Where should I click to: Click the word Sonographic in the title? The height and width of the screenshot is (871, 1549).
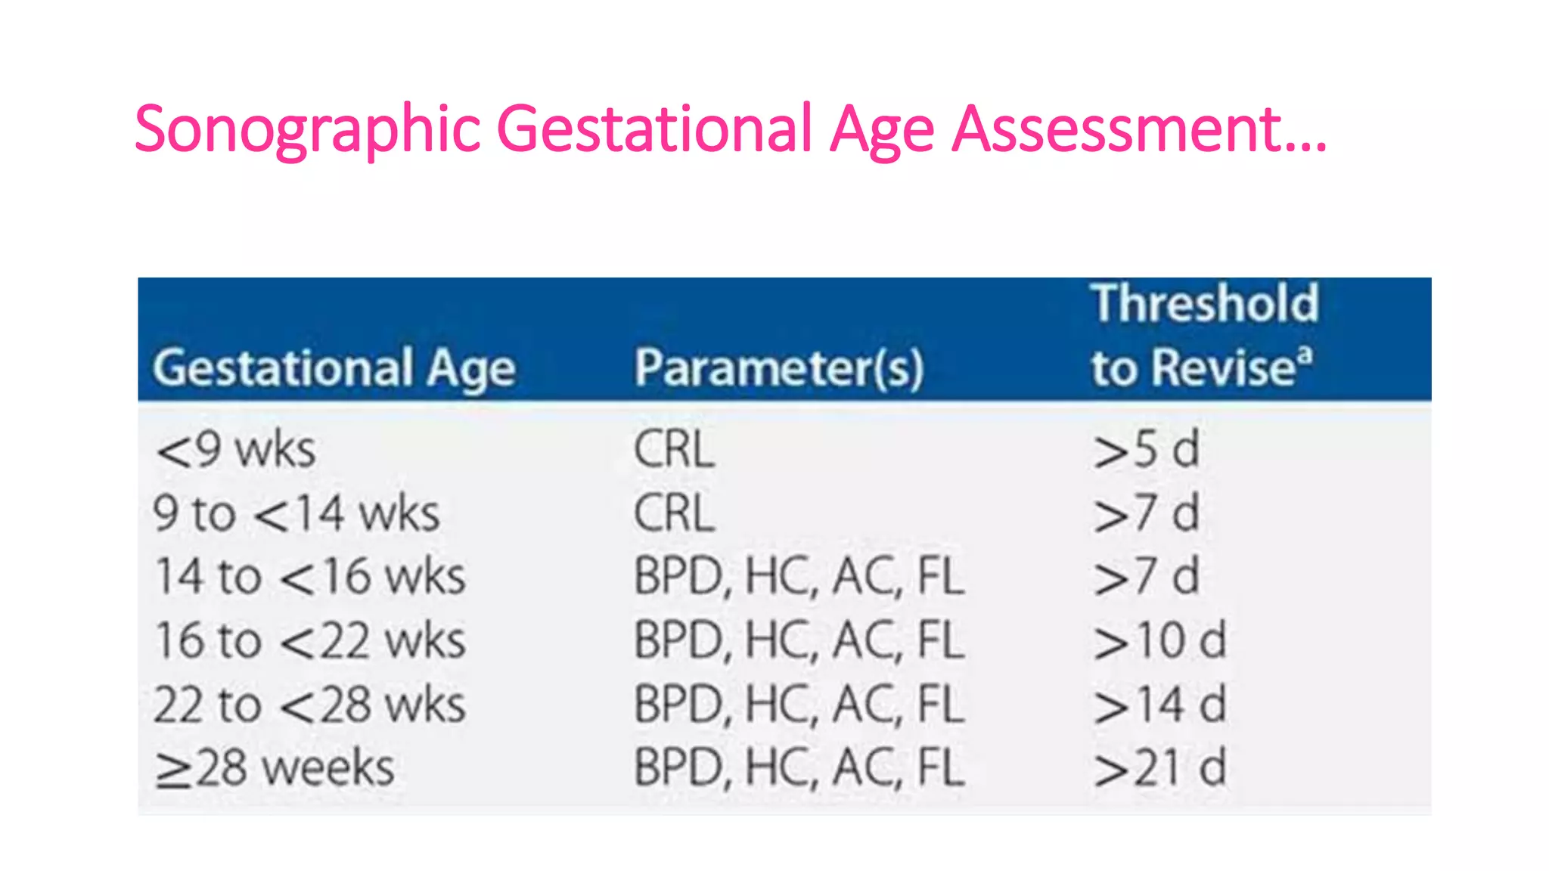tap(307, 130)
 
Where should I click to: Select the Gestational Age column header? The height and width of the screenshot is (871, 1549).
tap(334, 369)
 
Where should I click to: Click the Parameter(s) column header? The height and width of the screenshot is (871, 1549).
tap(779, 369)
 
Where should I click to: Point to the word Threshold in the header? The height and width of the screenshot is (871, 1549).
tap(1204, 304)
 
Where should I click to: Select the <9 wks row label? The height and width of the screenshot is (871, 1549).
tap(235, 450)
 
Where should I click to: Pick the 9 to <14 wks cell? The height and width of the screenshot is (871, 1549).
tap(296, 514)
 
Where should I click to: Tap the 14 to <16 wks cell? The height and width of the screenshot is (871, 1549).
tap(309, 578)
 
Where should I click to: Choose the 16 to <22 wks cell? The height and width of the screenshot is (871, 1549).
tap(309, 641)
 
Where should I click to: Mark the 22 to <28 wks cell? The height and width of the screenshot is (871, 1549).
tap(309, 705)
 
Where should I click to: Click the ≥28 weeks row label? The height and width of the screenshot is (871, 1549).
tap(275, 769)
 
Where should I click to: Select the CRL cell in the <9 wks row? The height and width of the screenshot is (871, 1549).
tap(674, 450)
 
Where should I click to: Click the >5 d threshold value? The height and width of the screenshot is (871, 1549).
tap(1146, 450)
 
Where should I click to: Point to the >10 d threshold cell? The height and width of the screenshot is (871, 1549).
tap(1159, 641)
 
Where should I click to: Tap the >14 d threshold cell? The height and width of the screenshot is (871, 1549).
tap(1159, 705)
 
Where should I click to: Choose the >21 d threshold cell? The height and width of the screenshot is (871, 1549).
tap(1159, 769)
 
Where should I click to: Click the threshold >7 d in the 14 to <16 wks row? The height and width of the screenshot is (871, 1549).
tap(1146, 578)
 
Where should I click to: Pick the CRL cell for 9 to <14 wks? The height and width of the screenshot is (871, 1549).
tap(674, 514)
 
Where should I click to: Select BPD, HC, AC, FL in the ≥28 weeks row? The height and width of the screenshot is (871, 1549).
tap(799, 769)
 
